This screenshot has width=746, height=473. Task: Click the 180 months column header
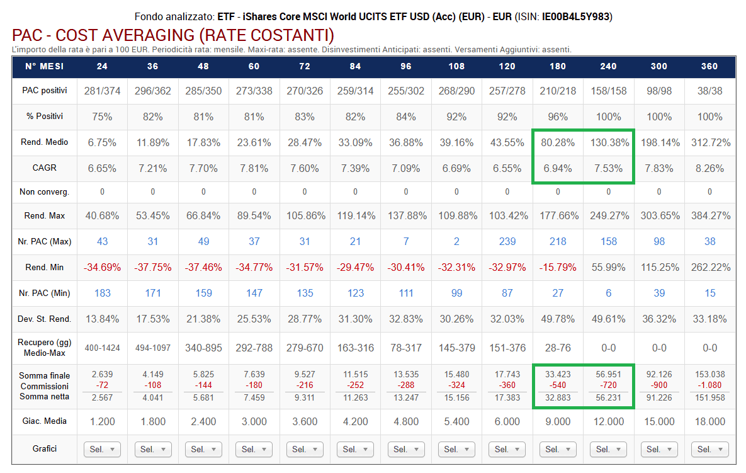point(558,66)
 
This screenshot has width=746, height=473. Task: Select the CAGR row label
point(44,168)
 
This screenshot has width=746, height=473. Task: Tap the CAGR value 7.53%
point(608,168)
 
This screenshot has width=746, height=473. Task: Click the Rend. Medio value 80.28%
point(558,142)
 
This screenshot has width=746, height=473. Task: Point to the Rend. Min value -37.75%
point(152,267)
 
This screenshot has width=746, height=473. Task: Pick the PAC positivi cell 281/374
point(102,91)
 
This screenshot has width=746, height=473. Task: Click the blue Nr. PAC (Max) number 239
point(507,241)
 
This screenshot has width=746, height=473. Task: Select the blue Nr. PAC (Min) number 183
point(102,293)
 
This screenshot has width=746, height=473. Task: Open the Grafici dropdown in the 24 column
point(102,449)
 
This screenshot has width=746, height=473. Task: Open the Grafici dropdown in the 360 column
point(709,449)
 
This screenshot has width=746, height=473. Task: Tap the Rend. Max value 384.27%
point(709,215)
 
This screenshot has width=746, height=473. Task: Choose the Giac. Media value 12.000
point(608,421)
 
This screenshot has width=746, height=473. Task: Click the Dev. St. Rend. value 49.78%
point(558,319)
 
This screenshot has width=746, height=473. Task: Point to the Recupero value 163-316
point(355,348)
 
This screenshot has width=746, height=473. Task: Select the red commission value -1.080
point(709,385)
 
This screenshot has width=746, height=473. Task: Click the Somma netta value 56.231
point(608,397)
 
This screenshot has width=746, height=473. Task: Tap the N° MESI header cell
point(44,66)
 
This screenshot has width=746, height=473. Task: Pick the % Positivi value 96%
point(558,117)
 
